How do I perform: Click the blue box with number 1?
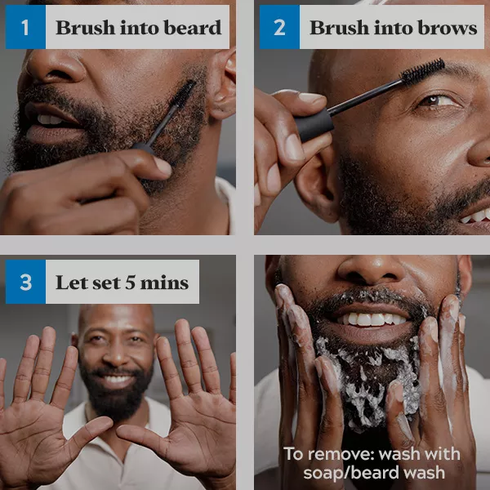(25, 27)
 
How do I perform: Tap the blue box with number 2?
(279, 27)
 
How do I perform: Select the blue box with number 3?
(25, 282)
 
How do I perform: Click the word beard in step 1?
(193, 28)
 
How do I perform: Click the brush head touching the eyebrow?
(423, 70)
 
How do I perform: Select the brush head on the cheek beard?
(183, 94)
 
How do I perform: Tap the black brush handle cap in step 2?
(314, 124)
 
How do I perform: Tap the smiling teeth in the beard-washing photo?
(372, 319)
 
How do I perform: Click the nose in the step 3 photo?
(117, 354)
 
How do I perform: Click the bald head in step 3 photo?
(116, 315)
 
